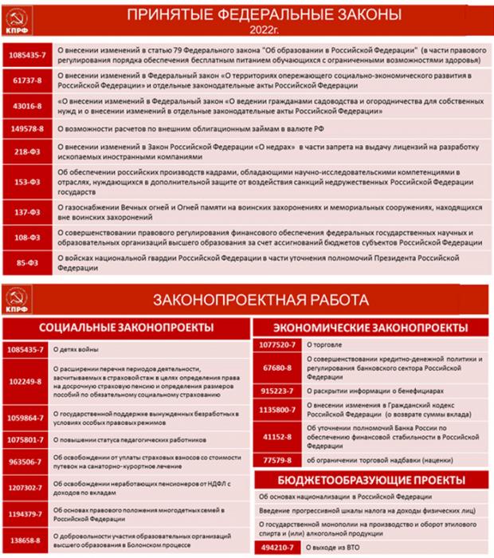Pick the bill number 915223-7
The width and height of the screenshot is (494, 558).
coord(277,391)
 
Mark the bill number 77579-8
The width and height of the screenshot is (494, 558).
coord(277,460)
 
